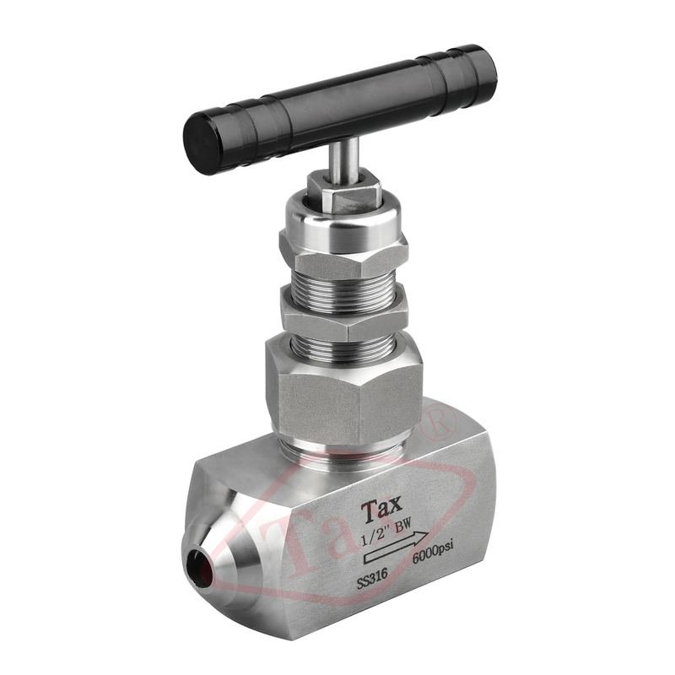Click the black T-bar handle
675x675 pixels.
coord(340,107)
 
